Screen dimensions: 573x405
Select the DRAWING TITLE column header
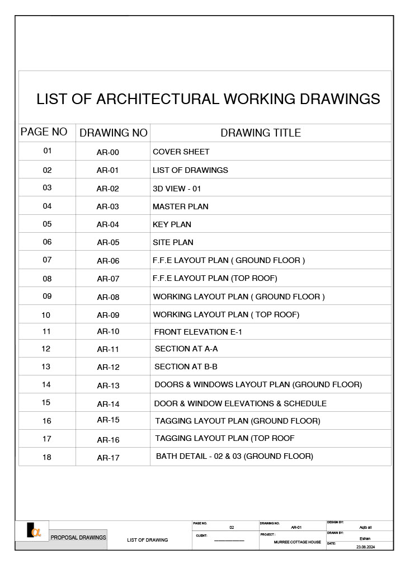[261, 133]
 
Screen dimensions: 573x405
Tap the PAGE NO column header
[44, 132]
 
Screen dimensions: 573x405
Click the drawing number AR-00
[108, 152]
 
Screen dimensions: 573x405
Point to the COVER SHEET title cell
[181, 152]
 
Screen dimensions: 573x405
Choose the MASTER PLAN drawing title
[181, 206]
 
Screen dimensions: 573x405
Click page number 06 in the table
[47, 242]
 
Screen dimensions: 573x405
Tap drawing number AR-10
[108, 331]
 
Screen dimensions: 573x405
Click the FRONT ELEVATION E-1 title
[198, 332]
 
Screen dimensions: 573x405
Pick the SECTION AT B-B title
[186, 367]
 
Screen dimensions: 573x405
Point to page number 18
[47, 457]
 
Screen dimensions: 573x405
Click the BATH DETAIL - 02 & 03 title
[234, 456]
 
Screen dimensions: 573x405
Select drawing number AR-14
[108, 403]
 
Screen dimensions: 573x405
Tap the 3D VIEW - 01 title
[177, 189]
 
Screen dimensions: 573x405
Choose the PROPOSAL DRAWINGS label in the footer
[78, 538]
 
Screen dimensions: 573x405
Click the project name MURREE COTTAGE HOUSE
[298, 542]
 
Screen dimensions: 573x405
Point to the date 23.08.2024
[365, 547]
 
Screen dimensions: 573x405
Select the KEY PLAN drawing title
[172, 224]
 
